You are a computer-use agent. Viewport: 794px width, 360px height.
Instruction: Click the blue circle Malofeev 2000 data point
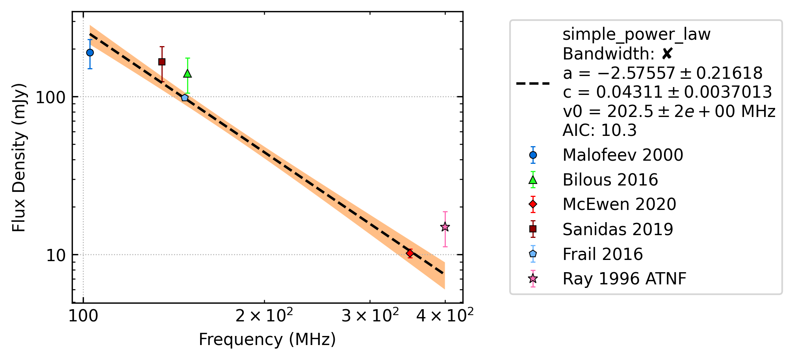click(90, 52)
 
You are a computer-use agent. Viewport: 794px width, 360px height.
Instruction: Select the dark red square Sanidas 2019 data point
click(162, 62)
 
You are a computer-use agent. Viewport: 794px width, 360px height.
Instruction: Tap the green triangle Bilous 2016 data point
click(187, 73)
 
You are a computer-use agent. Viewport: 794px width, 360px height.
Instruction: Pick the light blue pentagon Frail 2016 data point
click(185, 98)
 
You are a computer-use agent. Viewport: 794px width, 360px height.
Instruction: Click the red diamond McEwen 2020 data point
click(410, 253)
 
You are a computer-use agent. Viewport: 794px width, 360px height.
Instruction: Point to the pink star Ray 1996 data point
click(445, 227)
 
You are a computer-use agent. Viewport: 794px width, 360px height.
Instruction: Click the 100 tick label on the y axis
click(51, 97)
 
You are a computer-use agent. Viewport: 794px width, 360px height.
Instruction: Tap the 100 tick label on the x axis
click(83, 316)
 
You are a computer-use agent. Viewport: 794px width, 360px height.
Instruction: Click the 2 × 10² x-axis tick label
click(264, 315)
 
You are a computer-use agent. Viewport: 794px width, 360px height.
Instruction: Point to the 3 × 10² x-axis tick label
click(370, 315)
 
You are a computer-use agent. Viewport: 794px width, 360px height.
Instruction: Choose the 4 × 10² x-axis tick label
click(445, 315)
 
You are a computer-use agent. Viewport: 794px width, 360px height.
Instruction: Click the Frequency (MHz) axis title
click(267, 340)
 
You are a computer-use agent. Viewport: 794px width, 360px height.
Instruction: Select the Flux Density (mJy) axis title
click(19, 158)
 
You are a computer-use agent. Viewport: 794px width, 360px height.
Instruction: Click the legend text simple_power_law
click(636, 35)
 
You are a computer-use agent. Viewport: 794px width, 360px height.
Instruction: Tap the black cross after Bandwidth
click(667, 54)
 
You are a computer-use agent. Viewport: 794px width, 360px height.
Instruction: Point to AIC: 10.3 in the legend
click(600, 130)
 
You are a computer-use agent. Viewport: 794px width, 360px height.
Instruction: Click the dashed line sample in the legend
click(533, 84)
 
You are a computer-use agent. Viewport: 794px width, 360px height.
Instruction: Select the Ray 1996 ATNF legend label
click(625, 279)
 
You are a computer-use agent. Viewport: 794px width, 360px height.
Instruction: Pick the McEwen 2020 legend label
click(620, 204)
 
